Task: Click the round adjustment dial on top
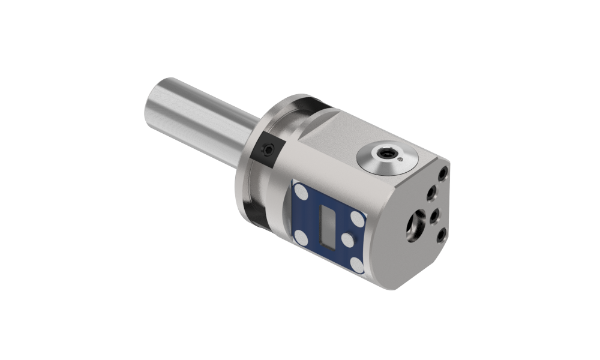tap(386, 156)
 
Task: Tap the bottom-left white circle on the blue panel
tap(301, 239)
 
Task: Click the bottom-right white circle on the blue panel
tap(357, 264)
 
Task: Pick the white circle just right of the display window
tap(347, 240)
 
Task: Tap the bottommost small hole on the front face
tap(440, 235)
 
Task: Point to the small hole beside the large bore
tap(435, 215)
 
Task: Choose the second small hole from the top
tap(431, 193)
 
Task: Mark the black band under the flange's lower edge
tap(254, 214)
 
